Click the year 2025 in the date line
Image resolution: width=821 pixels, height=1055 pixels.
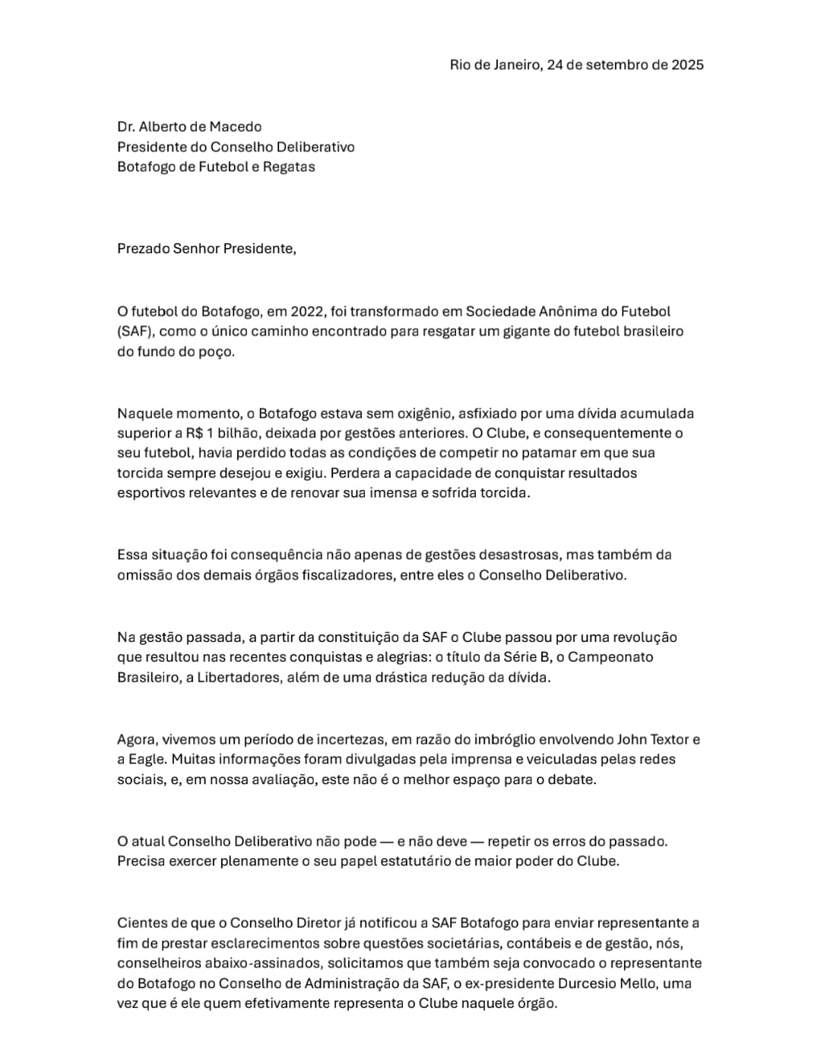pos(687,65)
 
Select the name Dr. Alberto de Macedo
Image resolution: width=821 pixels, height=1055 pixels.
pos(189,127)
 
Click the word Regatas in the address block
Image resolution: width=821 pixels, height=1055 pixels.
pos(289,167)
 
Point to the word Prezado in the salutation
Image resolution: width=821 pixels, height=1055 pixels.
pos(143,249)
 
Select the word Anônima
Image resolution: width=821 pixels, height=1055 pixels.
pos(570,311)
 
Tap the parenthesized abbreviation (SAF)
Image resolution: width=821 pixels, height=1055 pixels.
pos(135,332)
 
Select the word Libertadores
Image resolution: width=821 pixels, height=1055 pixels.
pos(239,678)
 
